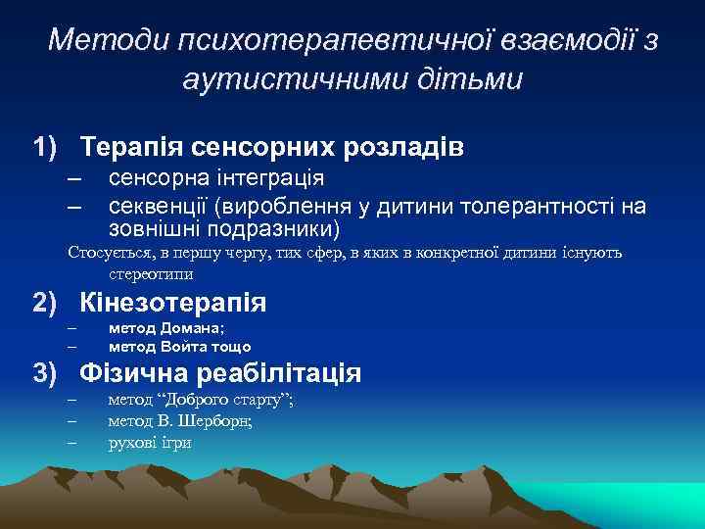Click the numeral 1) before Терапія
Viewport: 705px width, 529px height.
[x=49, y=148]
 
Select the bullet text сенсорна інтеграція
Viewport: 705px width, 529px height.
[x=216, y=178]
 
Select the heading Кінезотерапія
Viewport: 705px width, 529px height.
[x=172, y=302]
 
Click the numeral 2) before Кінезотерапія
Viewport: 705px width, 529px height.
[x=49, y=302]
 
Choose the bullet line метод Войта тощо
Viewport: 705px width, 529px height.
[x=179, y=346]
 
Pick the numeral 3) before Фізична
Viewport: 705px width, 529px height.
[x=49, y=373]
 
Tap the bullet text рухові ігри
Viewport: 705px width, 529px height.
[x=150, y=442]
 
